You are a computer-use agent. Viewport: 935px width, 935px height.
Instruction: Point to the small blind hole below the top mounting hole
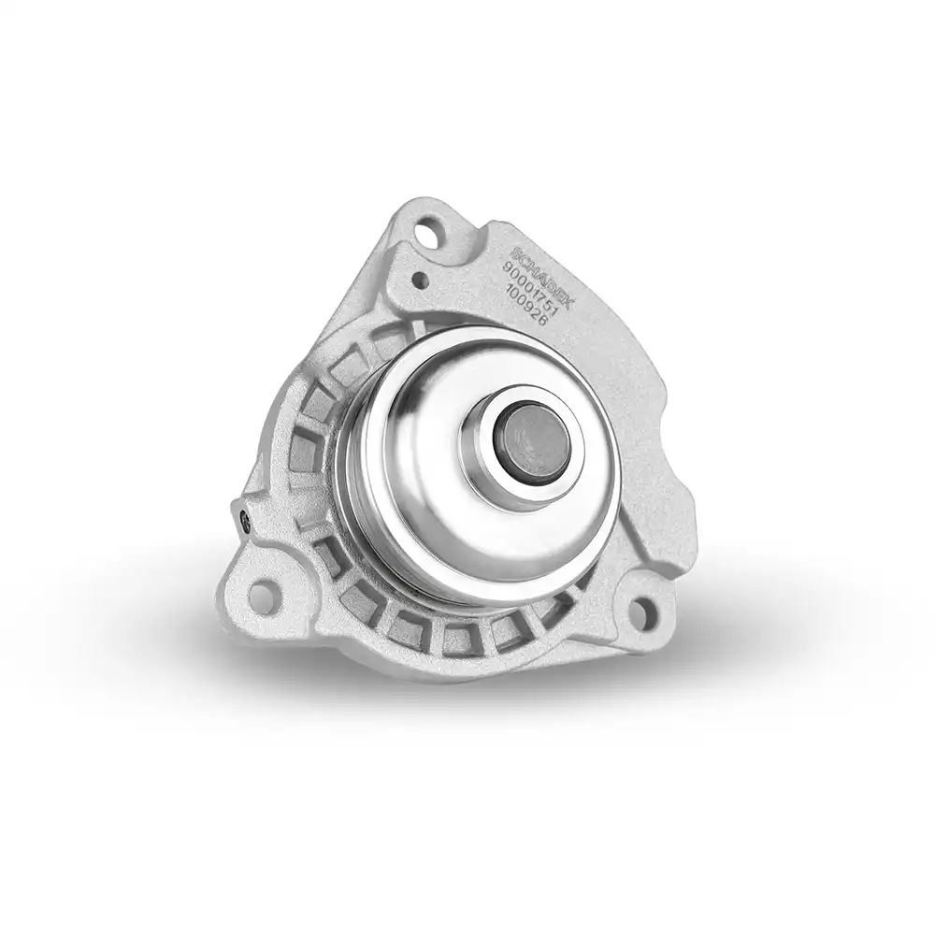pyautogui.click(x=420, y=279)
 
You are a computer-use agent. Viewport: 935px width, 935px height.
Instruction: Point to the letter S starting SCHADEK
pyautogui.click(x=520, y=250)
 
